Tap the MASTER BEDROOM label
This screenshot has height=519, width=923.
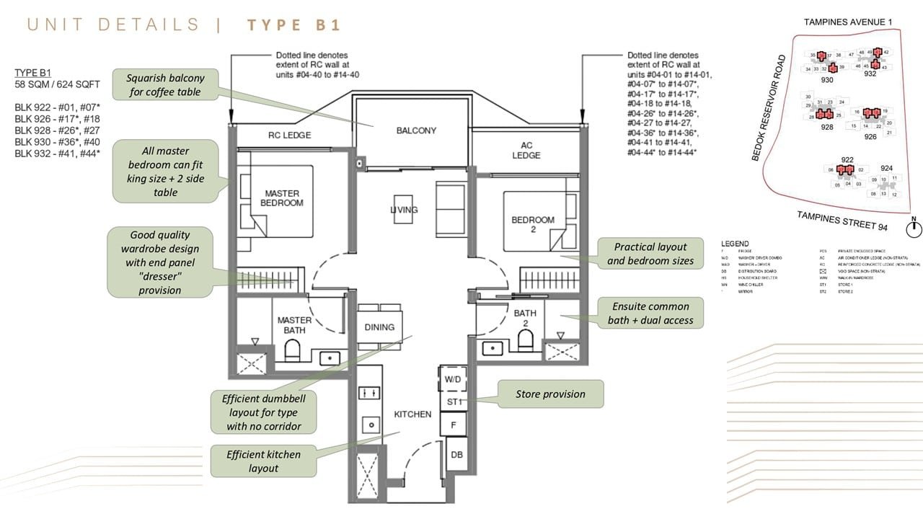coord(282,198)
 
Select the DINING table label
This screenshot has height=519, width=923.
coord(379,327)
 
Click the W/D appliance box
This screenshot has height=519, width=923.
coord(453,378)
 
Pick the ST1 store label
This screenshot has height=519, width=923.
coord(454,402)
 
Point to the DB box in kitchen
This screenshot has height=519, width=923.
coord(456,455)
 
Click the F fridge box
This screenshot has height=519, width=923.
coord(454,425)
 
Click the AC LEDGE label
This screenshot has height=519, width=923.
coord(526,150)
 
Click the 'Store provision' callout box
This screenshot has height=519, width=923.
coord(550,394)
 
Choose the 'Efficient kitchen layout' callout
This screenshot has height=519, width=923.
coord(263,461)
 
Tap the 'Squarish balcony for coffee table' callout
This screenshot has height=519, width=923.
coord(165,85)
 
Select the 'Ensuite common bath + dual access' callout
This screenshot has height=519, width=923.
coord(650,314)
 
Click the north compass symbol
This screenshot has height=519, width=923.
coord(914,229)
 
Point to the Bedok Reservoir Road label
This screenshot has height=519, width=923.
coord(769,108)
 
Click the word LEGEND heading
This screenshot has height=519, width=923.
coord(735,244)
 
